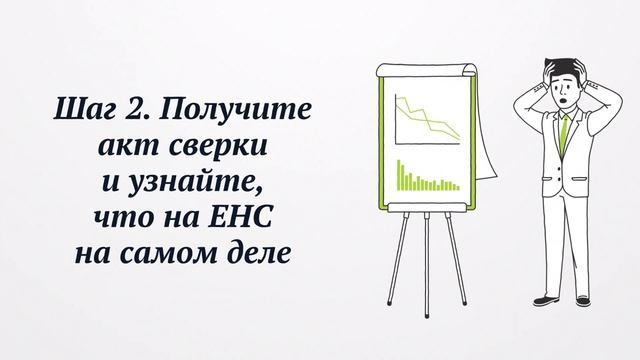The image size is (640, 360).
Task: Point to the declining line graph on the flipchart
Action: (x=425, y=118)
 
